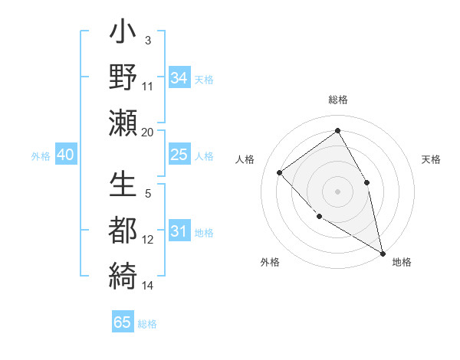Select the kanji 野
tap(123, 78)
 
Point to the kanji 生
tap(123, 186)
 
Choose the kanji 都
tap(123, 229)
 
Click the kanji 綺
tap(123, 273)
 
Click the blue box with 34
tap(179, 77)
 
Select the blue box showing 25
tap(179, 155)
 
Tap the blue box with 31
tap(179, 231)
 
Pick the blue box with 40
tap(65, 155)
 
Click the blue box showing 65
tap(123, 322)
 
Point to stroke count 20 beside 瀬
tap(148, 132)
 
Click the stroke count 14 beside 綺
tap(148, 286)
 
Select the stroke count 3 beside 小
tap(147, 39)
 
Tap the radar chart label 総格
tap(337, 100)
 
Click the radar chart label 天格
tap(432, 159)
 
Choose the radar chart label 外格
tap(270, 262)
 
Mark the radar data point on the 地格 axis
tap(383, 253)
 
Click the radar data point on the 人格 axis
tap(280, 172)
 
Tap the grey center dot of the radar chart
tap(337, 191)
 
